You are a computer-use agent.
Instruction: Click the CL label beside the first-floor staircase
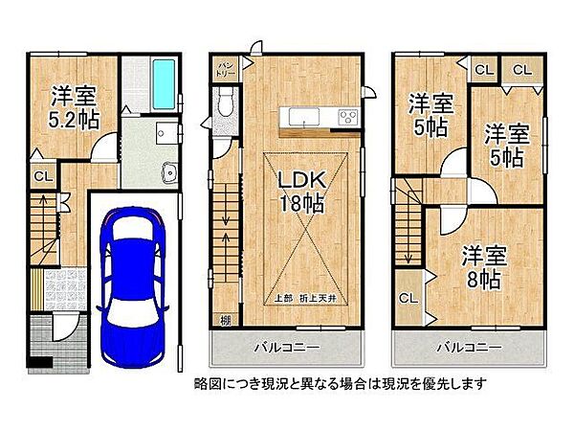pyautogui.click(x=42, y=175)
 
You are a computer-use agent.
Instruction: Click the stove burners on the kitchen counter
pyautogui.click(x=346, y=118)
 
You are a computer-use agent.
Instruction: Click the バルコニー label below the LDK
pyautogui.click(x=286, y=344)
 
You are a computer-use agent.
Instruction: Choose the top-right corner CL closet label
pyautogui.click(x=521, y=69)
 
